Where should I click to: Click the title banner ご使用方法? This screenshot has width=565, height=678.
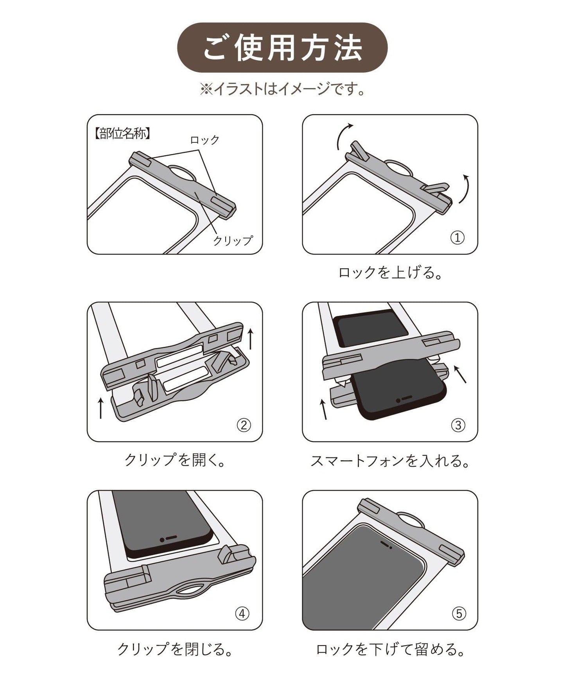pyautogui.click(x=282, y=47)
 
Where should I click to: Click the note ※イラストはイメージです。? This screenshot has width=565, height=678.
pyautogui.click(x=282, y=89)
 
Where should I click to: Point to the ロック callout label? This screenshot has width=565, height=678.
pyautogui.click(x=204, y=140)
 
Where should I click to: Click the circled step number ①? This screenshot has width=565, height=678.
pyautogui.click(x=457, y=237)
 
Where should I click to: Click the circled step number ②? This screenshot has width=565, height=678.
pyautogui.click(x=244, y=425)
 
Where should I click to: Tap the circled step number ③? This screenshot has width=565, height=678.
pyautogui.click(x=458, y=425)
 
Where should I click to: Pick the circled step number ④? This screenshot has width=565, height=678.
pyautogui.click(x=242, y=613)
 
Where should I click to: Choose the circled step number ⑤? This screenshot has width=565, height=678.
pyautogui.click(x=459, y=613)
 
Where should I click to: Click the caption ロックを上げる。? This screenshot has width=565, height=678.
pyautogui.click(x=390, y=273)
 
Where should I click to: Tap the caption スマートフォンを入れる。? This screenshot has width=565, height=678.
pyautogui.click(x=390, y=461)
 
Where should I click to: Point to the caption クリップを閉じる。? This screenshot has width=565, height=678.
pyautogui.click(x=175, y=649)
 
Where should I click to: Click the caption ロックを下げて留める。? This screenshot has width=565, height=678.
pyautogui.click(x=390, y=649)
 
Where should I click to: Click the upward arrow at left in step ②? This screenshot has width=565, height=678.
pyautogui.click(x=101, y=408)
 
